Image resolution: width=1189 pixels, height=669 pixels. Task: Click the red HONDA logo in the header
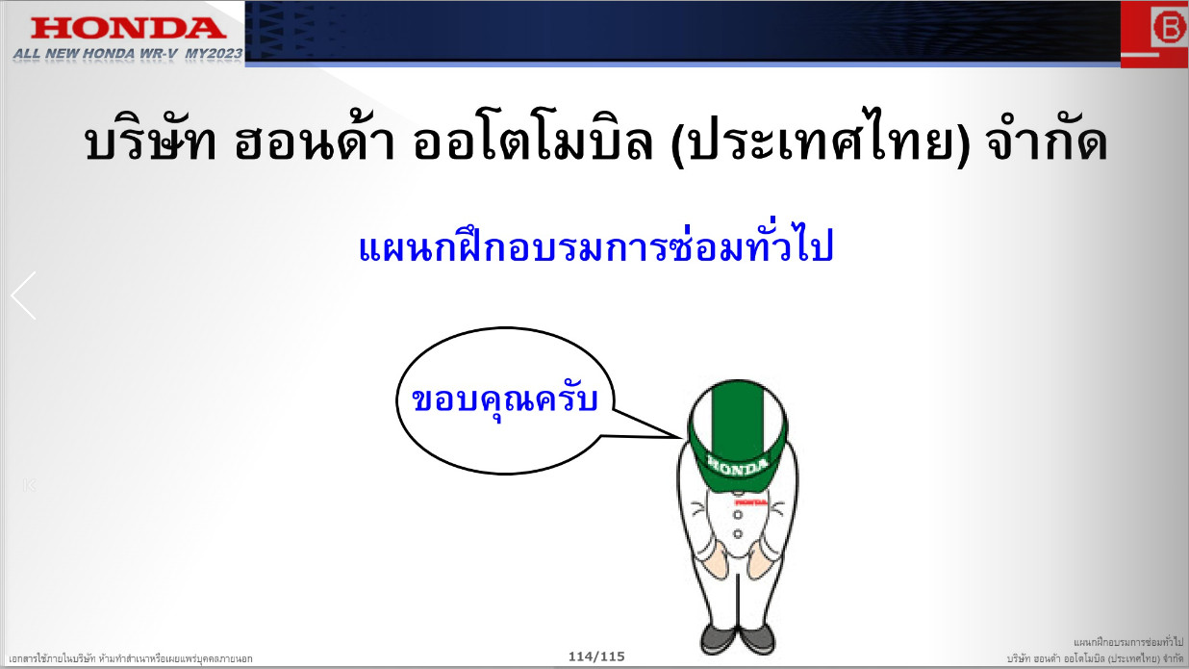pyautogui.click(x=129, y=28)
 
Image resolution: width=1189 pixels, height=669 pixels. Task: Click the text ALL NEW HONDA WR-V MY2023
pyautogui.click(x=128, y=54)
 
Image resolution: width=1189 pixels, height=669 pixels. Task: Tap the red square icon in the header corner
pyautogui.click(x=1154, y=34)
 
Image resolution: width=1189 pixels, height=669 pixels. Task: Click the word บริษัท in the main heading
pyautogui.click(x=151, y=140)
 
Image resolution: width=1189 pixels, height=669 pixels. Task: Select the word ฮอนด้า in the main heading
pyautogui.click(x=315, y=140)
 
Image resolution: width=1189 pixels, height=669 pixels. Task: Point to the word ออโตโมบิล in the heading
pyautogui.click(x=533, y=140)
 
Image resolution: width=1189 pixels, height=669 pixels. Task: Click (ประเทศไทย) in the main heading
pyautogui.click(x=821, y=140)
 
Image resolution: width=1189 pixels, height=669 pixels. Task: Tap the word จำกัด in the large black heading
pyautogui.click(x=1047, y=140)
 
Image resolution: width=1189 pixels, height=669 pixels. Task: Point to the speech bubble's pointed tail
pyautogui.click(x=679, y=438)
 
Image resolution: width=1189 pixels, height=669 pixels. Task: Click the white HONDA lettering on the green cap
pyautogui.click(x=738, y=466)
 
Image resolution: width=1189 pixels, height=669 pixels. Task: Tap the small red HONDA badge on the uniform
pyautogui.click(x=751, y=502)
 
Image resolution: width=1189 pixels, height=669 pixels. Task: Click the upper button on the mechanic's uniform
pyautogui.click(x=737, y=514)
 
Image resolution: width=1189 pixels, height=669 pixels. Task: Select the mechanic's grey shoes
pyautogui.click(x=738, y=639)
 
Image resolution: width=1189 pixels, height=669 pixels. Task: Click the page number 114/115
pyautogui.click(x=596, y=656)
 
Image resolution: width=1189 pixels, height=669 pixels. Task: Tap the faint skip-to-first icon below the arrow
pyautogui.click(x=30, y=485)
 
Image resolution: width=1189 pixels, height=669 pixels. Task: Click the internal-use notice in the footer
pyautogui.click(x=131, y=659)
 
